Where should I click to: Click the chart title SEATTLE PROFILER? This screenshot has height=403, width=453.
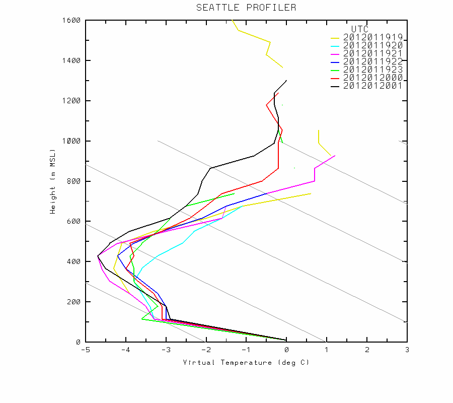coord(246,8)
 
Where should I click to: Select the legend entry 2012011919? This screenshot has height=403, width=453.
coord(373,38)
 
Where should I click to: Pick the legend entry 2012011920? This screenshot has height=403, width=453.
coord(373,45)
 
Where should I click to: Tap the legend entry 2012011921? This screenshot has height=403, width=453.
coord(373,53)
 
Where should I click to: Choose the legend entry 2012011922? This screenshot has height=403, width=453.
coord(373,61)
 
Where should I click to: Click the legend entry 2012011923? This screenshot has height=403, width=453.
coord(373,70)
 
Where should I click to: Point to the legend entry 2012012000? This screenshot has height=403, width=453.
coord(373,78)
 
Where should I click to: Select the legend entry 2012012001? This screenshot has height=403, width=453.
coord(373,86)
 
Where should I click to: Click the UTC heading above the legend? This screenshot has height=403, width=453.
coord(360,29)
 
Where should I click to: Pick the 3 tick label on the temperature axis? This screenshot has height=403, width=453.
coord(407,350)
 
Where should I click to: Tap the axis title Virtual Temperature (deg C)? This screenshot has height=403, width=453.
coord(246,363)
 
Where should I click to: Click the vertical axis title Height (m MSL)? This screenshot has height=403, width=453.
coord(52,181)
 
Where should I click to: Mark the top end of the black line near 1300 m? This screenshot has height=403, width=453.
coord(286,80)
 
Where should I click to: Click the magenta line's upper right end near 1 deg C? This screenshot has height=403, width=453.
coord(335,156)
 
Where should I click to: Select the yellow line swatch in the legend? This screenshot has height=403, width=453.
coord(335,38)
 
